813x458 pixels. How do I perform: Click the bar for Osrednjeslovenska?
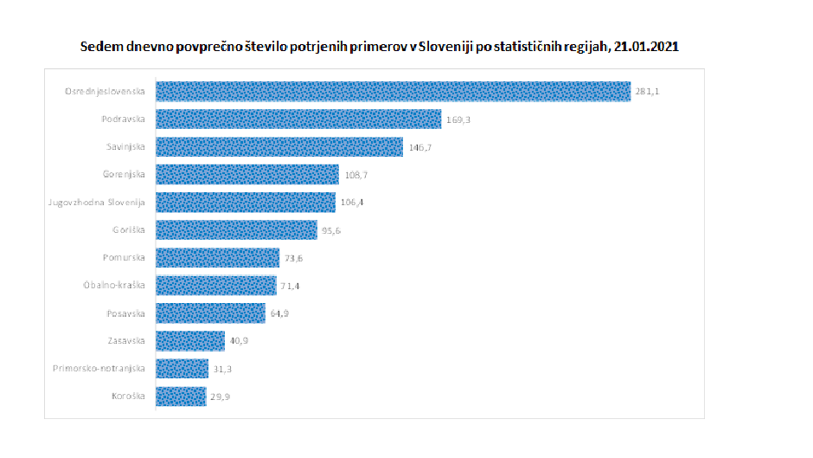point(393,92)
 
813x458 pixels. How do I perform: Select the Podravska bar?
point(298,119)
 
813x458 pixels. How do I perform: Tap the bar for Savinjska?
point(279,147)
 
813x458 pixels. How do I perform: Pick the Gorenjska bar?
point(247,175)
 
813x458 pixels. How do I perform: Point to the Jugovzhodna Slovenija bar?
point(246,203)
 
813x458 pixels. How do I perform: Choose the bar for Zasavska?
point(190,341)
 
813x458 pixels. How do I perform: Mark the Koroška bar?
point(181,397)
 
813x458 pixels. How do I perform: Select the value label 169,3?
point(458,119)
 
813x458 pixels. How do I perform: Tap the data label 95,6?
point(333,230)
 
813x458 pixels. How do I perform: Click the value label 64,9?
point(280,313)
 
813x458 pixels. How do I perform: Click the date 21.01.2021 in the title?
point(646,48)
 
